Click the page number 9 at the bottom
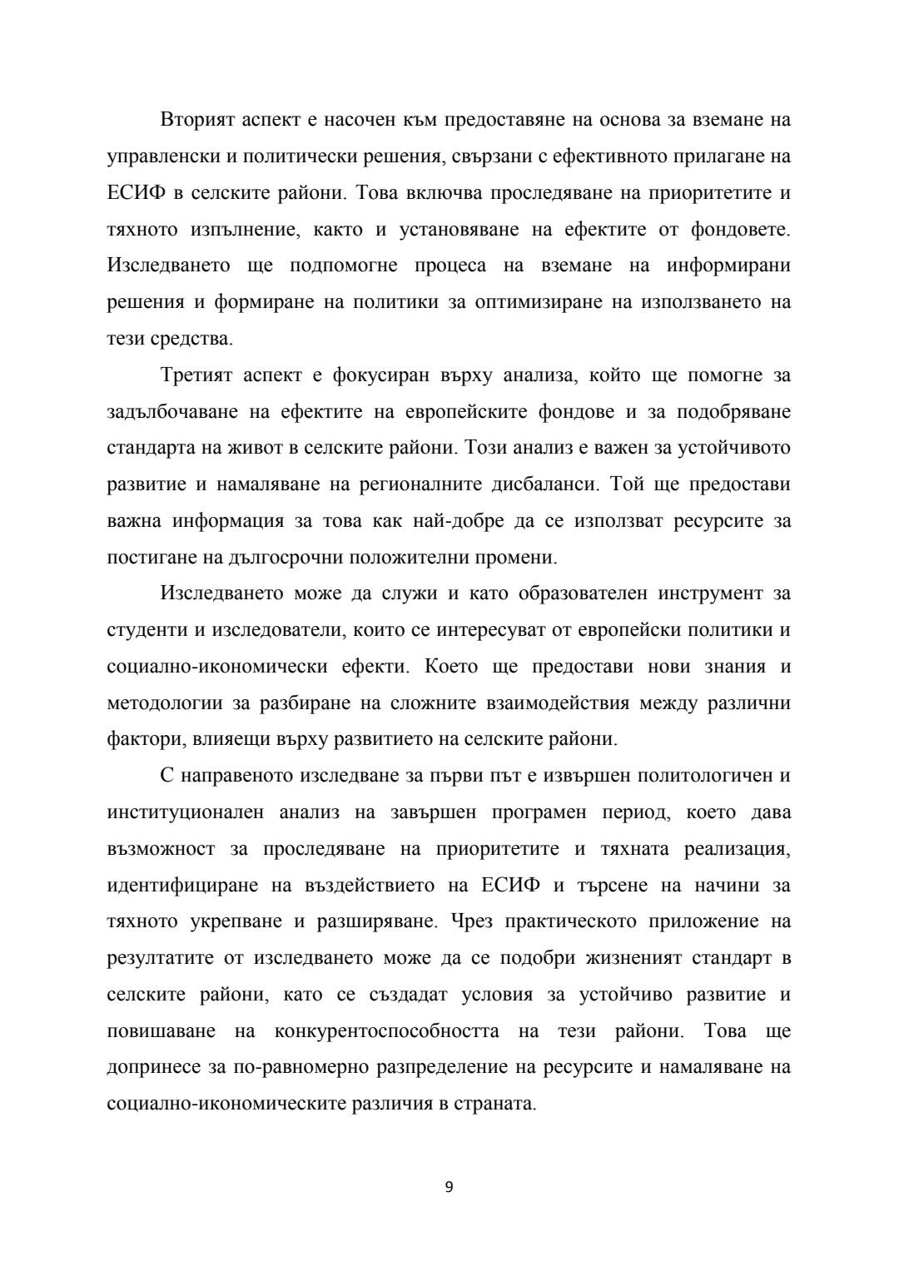pos(449,1187)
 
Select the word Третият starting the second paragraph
pos(196,375)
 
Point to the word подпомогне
pos(340,266)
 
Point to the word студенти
pos(147,630)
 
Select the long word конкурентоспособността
pos(386,1031)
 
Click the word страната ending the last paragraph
pos(494,1104)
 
